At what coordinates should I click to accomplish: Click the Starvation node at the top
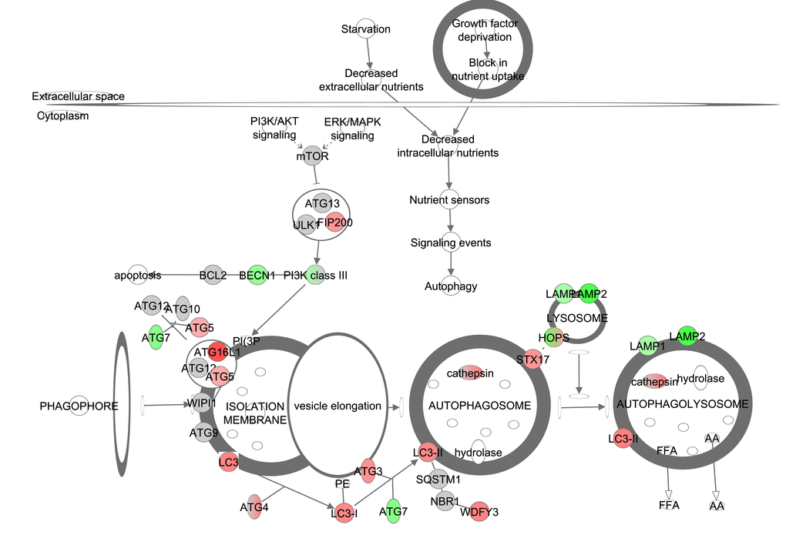coord(366,29)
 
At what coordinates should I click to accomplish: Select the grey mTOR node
coord(312,155)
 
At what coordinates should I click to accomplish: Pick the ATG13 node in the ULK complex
coord(322,203)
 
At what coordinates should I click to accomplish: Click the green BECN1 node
coord(257,275)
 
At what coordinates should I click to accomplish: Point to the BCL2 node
coord(213,275)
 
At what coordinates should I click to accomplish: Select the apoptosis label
coord(138,275)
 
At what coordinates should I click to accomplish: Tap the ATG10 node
coord(183,309)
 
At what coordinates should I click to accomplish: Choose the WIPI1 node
coord(202,402)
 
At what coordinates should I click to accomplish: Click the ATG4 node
coord(254,507)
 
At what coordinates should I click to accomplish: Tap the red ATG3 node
coord(368,471)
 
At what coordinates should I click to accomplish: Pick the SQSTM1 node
coord(438,480)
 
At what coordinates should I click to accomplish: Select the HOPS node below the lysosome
coord(553,338)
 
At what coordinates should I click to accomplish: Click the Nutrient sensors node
coord(449,200)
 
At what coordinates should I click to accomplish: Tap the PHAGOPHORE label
coord(79,406)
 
